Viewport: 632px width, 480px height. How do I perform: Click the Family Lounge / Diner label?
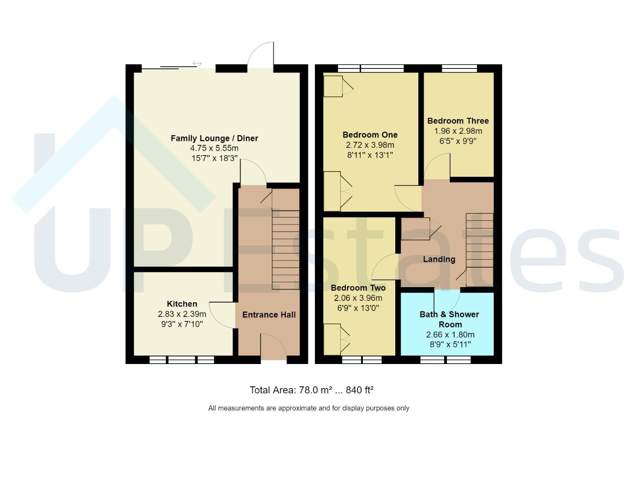tap(214, 138)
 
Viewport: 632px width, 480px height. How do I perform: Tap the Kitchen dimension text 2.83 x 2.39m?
tap(182, 314)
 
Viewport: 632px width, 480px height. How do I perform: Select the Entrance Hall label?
tap(269, 315)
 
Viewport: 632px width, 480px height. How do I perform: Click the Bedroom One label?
tap(370, 135)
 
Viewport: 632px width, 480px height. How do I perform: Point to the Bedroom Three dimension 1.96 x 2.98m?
tap(458, 131)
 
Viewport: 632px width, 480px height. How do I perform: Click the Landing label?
tap(439, 259)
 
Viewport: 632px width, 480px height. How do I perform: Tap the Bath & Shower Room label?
tap(449, 319)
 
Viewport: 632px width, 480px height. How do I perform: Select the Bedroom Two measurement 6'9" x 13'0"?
tap(358, 308)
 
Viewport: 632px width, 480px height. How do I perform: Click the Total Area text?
tap(311, 390)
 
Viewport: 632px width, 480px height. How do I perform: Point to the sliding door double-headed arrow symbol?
tap(197, 64)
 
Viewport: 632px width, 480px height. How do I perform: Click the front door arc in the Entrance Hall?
tap(273, 347)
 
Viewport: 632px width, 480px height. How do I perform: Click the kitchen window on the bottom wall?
tap(182, 360)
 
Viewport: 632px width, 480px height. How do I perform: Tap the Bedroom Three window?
tap(459, 68)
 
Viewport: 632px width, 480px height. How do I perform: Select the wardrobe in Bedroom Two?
tap(333, 340)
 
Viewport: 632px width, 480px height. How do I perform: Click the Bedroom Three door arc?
tap(437, 167)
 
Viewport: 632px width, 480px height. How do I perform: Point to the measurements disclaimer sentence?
tap(309, 408)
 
